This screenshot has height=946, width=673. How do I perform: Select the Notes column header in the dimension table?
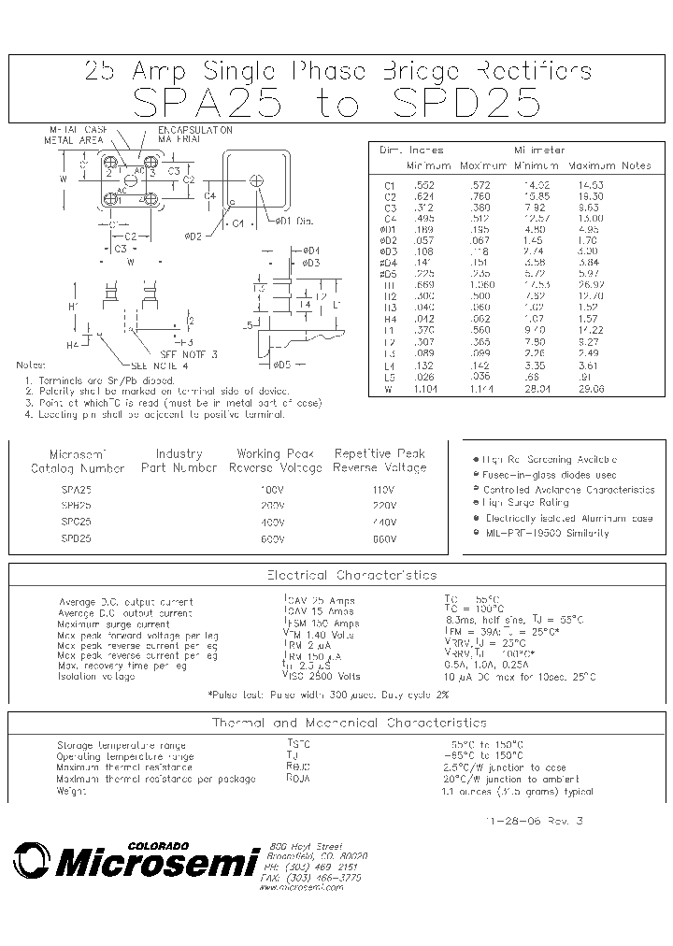point(637,165)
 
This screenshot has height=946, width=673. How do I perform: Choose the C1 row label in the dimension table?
point(391,185)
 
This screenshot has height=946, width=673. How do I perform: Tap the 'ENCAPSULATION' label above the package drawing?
point(194,130)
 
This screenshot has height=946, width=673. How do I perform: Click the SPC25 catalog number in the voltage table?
point(77,521)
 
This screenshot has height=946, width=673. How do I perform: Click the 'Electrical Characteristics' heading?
point(338,575)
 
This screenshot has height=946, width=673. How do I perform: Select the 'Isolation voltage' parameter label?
point(96,676)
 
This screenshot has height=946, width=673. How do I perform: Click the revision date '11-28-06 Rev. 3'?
point(533,820)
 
